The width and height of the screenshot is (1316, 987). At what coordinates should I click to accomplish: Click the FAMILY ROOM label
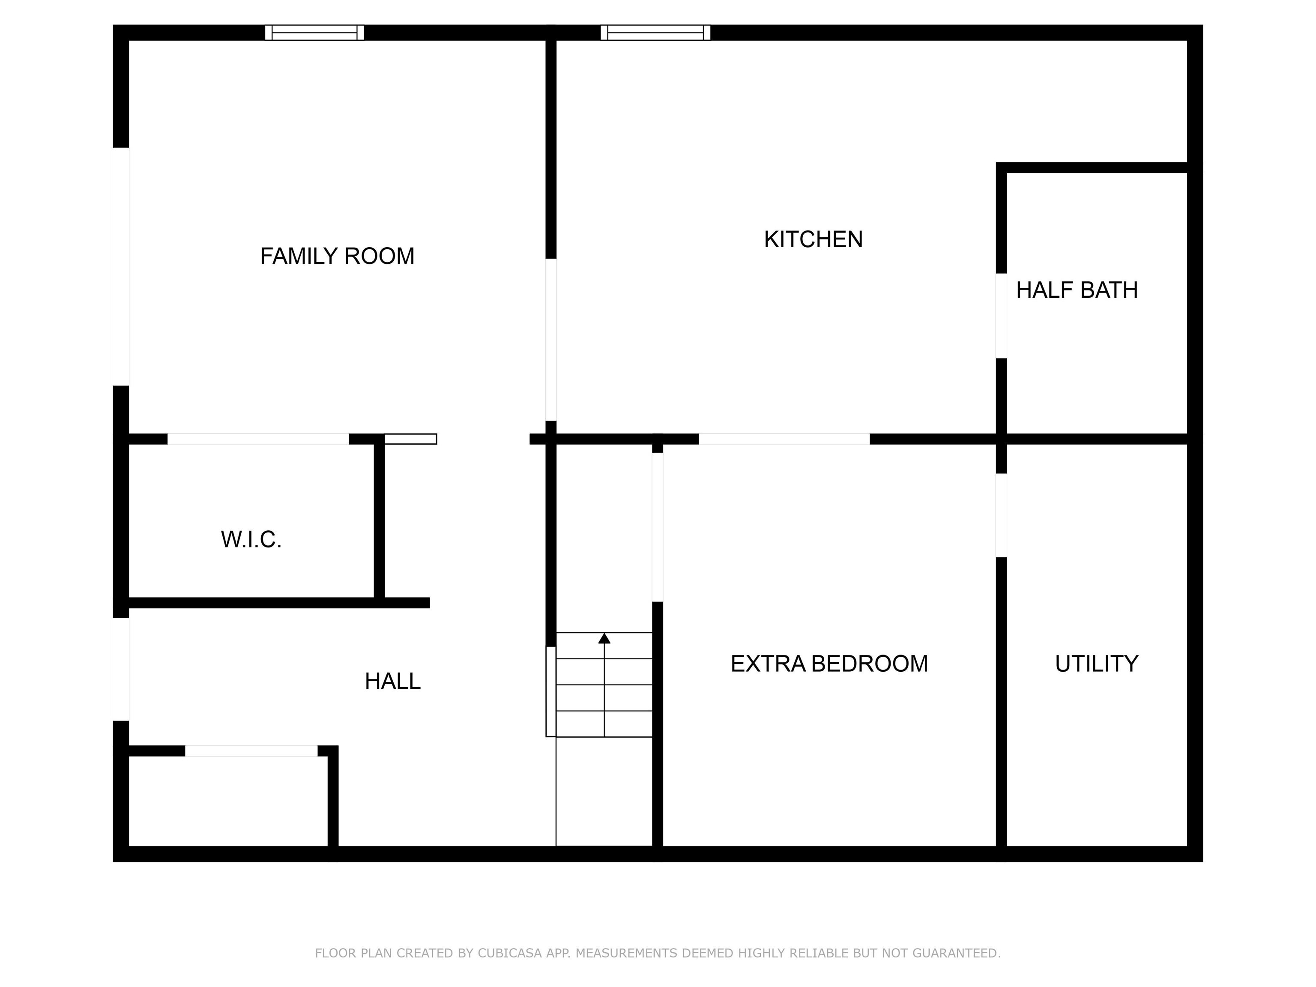point(337,257)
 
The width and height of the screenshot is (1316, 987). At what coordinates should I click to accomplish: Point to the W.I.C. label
point(251,540)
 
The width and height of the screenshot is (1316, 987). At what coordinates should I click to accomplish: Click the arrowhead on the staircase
point(604,638)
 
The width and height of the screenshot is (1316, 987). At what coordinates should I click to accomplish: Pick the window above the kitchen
point(655,32)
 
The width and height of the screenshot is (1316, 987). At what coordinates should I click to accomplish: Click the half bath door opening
point(1001,315)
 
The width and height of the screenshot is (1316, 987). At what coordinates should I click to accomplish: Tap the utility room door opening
point(1001,515)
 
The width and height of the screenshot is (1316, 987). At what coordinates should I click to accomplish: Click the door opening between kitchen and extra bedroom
point(784,439)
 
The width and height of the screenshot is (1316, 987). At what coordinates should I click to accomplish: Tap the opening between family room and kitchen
point(551,339)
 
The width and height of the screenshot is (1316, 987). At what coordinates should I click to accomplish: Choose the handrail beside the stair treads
point(551,691)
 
